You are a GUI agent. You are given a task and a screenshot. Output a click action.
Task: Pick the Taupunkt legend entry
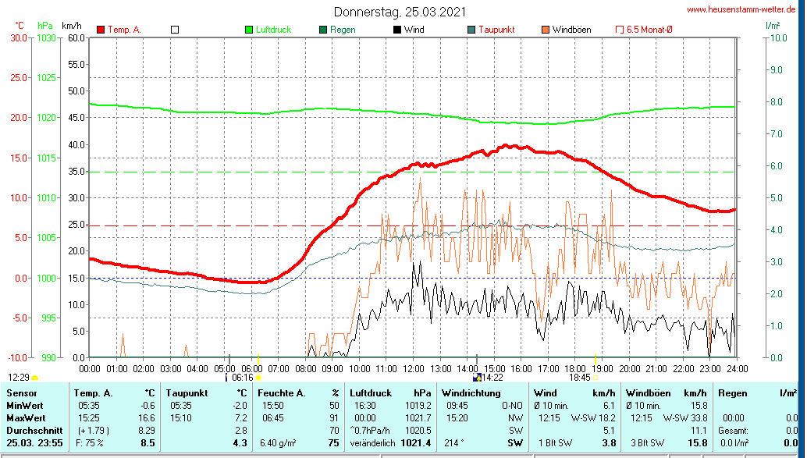point(496,30)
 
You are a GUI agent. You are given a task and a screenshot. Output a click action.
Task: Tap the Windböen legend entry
point(571,30)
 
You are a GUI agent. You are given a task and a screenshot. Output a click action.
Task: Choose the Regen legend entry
point(343,30)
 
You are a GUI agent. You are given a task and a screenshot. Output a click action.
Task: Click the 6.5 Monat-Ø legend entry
point(650,30)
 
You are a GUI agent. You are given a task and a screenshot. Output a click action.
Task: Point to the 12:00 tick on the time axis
point(413,368)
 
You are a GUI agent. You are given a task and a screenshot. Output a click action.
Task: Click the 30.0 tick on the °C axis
point(18,37)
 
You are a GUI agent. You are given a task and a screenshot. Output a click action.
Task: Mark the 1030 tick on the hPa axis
point(47,37)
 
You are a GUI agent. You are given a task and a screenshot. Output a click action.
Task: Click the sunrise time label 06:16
point(243,378)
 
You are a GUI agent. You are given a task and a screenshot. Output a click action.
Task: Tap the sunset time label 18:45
point(579,378)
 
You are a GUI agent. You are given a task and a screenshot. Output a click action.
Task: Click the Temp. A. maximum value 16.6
point(147,418)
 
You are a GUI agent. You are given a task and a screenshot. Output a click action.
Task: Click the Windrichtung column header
point(471,392)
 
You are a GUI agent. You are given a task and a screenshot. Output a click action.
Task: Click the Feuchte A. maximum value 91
point(334,418)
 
